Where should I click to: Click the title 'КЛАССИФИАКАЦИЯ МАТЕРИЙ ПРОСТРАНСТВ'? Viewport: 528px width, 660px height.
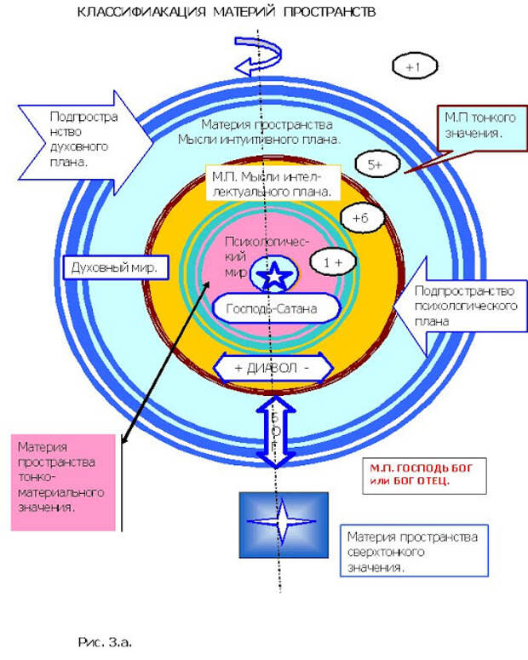coord(226,14)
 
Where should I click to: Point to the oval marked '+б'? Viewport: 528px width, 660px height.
coord(359,218)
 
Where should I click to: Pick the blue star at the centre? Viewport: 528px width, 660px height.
coord(275,275)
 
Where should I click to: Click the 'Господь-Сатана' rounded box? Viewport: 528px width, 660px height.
coord(271,308)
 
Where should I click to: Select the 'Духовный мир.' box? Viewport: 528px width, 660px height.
coord(116,268)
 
